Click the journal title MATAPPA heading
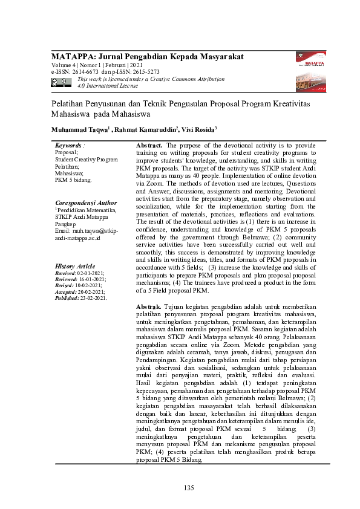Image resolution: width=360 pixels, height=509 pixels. (x=147, y=56)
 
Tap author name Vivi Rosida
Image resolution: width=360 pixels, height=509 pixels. (x=198, y=130)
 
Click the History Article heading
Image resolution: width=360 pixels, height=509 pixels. (x=74, y=266)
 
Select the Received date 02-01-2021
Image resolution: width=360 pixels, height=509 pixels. (x=91, y=273)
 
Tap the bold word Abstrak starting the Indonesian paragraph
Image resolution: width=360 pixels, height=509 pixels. (x=149, y=307)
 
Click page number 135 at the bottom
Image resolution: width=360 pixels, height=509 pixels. (x=189, y=488)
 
